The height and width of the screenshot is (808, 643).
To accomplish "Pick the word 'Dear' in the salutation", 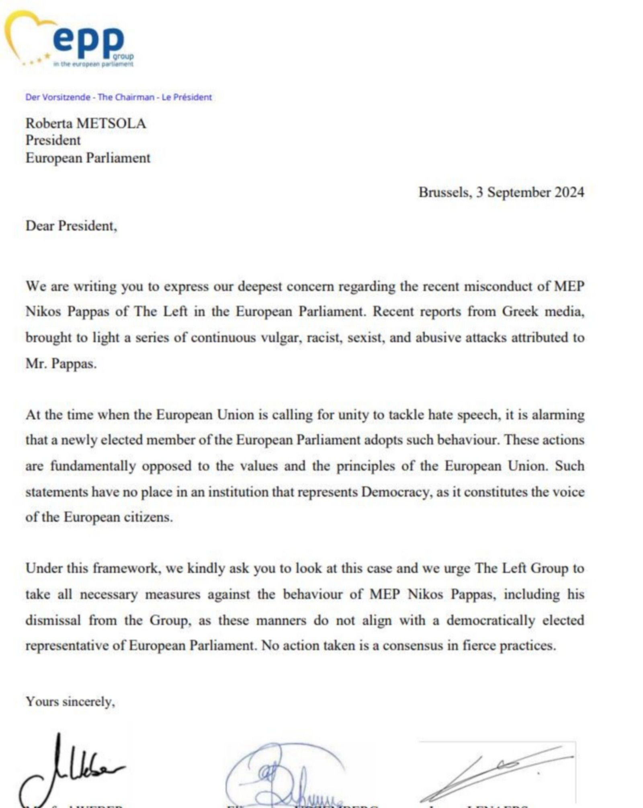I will coord(40,226).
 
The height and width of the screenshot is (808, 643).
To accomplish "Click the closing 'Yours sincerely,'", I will coord(70,701).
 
